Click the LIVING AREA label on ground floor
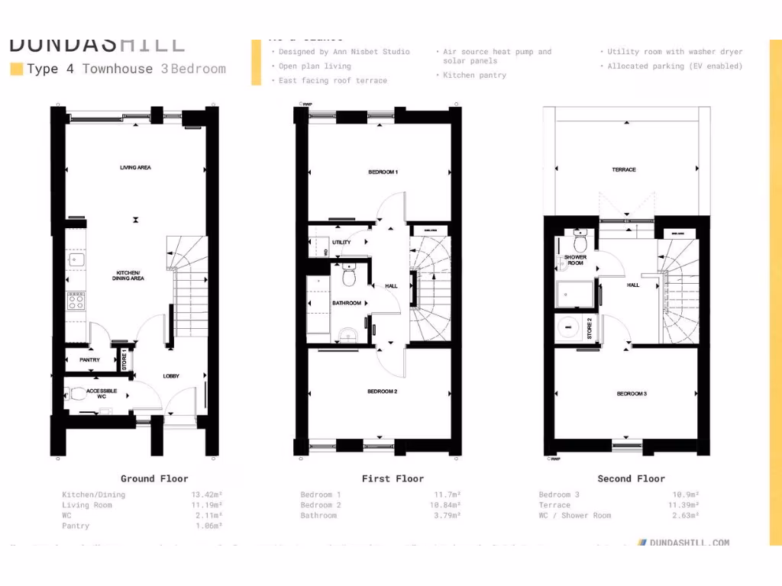click(x=134, y=167)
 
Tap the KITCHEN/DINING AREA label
click(x=130, y=275)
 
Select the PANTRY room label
click(x=90, y=360)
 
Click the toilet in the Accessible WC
click(x=78, y=394)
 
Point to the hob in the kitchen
click(x=76, y=301)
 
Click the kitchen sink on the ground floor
click(x=76, y=259)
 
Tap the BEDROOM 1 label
click(x=383, y=172)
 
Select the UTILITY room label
click(x=341, y=243)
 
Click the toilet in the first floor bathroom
click(x=350, y=275)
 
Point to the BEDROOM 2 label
click(x=382, y=391)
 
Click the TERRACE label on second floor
click(x=624, y=169)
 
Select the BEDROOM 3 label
click(x=632, y=394)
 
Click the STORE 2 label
click(x=590, y=328)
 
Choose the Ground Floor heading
click(x=154, y=478)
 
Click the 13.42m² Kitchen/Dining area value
click(x=206, y=494)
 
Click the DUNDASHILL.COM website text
click(x=688, y=543)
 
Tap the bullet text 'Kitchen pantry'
click(x=474, y=76)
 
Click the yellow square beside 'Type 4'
click(x=16, y=69)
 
